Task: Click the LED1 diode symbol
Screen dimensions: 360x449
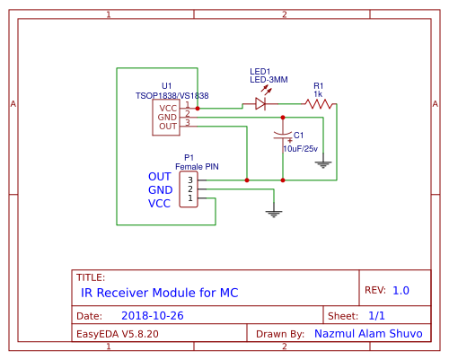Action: coord(260,104)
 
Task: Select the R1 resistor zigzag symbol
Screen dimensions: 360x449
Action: coord(319,104)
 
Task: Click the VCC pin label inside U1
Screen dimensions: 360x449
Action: coord(168,107)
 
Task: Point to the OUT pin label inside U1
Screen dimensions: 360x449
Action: coord(168,127)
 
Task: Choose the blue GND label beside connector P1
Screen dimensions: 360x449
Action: coord(160,190)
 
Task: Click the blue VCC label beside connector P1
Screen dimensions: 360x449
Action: coord(159,204)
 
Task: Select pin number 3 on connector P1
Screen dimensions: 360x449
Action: coord(189,180)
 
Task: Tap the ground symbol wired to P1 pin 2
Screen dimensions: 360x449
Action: coord(275,213)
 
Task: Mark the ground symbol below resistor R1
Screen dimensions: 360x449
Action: coord(324,164)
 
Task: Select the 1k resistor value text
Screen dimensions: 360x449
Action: coord(318,93)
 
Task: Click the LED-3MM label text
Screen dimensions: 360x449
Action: coord(269,80)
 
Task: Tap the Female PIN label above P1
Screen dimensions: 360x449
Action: coord(197,167)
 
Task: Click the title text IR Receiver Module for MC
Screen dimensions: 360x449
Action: coord(160,293)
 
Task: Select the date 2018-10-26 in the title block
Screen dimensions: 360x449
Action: coord(152,316)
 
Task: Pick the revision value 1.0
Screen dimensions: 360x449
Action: coord(401,291)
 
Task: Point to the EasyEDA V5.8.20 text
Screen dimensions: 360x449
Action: coord(118,333)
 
